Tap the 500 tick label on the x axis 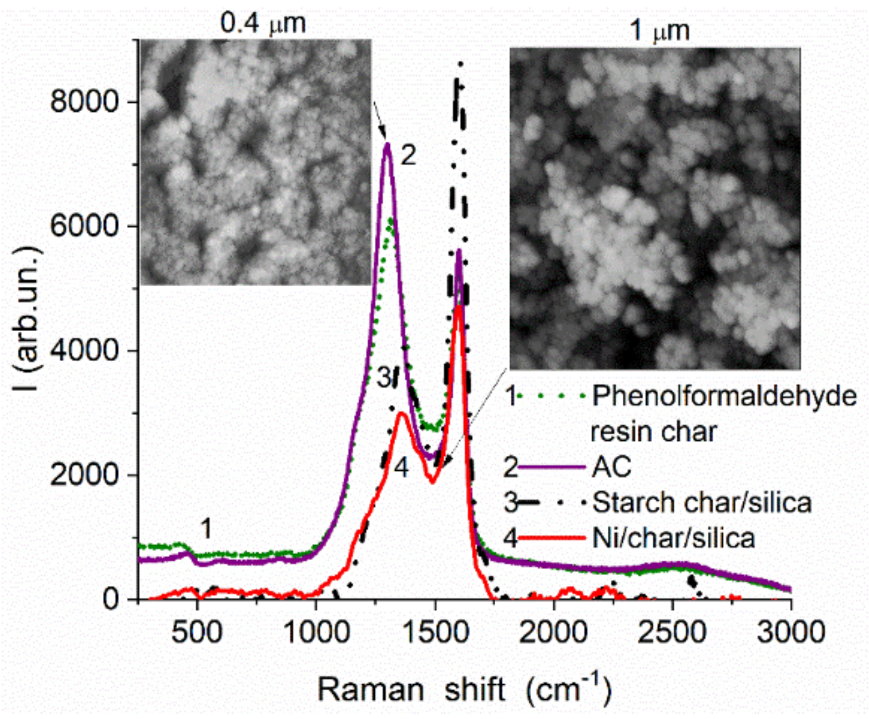197,632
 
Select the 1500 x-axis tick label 435,632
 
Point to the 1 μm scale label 659,30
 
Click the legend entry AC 611,467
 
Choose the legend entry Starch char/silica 702,503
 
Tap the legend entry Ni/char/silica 674,538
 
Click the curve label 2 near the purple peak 408,156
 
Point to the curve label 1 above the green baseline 206,529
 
